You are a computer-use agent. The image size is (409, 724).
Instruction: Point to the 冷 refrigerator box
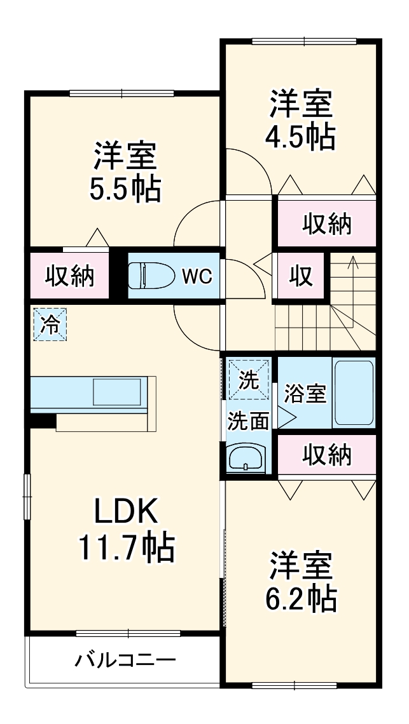pyautogui.click(x=49, y=324)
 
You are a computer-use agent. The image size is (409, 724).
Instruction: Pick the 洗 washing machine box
pyautogui.click(x=249, y=380)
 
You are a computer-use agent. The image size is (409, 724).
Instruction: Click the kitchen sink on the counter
pyautogui.click(x=118, y=392)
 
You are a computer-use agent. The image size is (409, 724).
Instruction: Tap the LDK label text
pyautogui.click(x=126, y=511)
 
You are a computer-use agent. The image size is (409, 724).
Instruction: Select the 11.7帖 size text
pyautogui.click(x=126, y=547)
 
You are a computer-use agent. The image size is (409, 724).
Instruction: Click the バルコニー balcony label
pyautogui.click(x=125, y=660)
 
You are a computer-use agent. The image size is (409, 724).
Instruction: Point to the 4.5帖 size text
pyautogui.click(x=301, y=136)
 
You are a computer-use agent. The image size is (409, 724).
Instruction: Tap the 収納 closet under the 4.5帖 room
pyautogui.click(x=326, y=224)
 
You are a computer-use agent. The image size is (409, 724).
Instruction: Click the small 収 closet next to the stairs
pyautogui.click(x=301, y=276)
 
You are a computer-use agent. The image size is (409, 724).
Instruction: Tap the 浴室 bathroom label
pyautogui.click(x=305, y=394)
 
